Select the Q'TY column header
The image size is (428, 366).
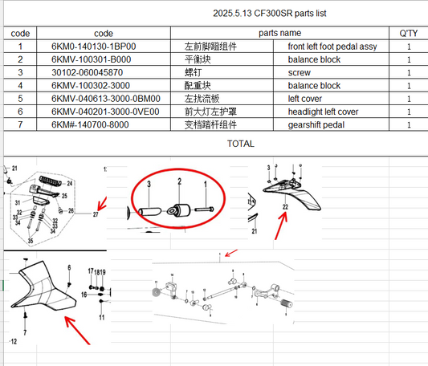409,34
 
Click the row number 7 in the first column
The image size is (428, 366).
20,124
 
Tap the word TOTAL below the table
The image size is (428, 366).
240,144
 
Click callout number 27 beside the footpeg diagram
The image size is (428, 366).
95,215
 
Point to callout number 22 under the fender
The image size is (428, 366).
283,207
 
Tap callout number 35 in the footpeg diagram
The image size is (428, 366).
31,240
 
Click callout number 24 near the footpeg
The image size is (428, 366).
69,184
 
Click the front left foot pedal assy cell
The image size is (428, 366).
332,47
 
